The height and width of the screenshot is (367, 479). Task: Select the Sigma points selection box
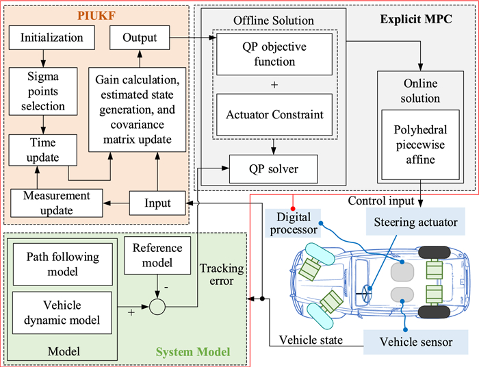pos(43,97)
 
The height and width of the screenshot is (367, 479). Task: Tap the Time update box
pos(44,149)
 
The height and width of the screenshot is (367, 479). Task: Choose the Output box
pos(138,37)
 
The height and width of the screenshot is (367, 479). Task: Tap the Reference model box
pos(157,255)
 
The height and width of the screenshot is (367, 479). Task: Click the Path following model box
pos(62,266)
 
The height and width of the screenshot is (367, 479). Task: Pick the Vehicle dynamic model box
pos(62,312)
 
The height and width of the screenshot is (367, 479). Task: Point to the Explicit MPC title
pos(419,16)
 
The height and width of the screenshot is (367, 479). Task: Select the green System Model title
pos(192,352)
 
